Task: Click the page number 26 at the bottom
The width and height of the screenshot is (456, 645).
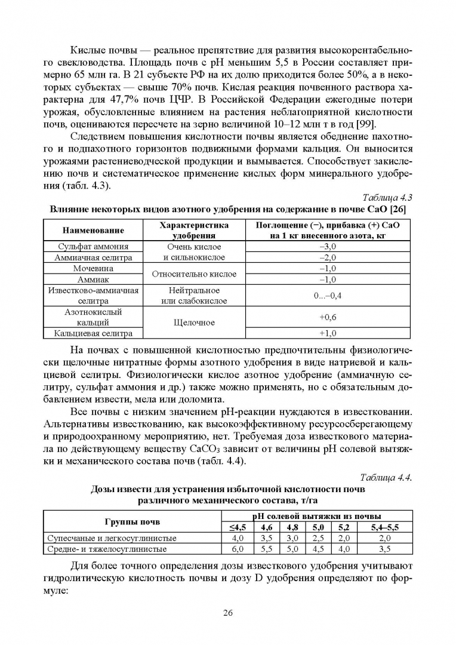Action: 227,612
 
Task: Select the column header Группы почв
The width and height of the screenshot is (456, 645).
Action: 133,521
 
